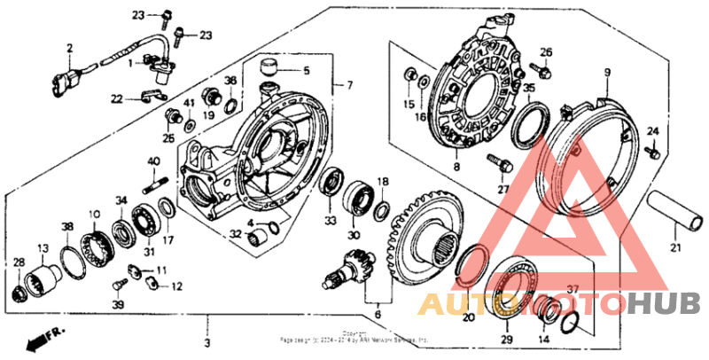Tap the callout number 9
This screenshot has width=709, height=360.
[x=607, y=72]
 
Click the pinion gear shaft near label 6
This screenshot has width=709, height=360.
[x=350, y=267]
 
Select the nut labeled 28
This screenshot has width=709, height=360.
[x=19, y=293]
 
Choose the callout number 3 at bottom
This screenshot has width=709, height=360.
[x=206, y=342]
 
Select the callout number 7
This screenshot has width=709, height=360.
[x=349, y=85]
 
